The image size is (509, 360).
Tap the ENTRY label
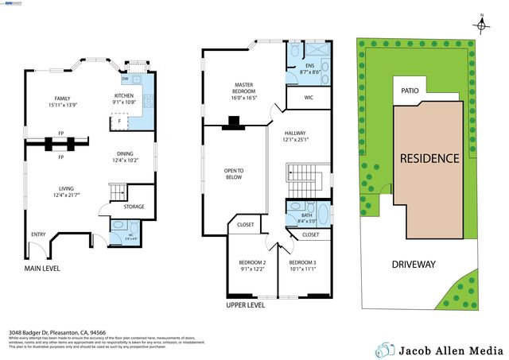click(x=38, y=234)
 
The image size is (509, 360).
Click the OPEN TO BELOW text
click(x=234, y=174)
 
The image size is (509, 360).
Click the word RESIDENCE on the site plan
click(x=429, y=158)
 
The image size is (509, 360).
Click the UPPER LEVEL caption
click(x=245, y=304)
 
